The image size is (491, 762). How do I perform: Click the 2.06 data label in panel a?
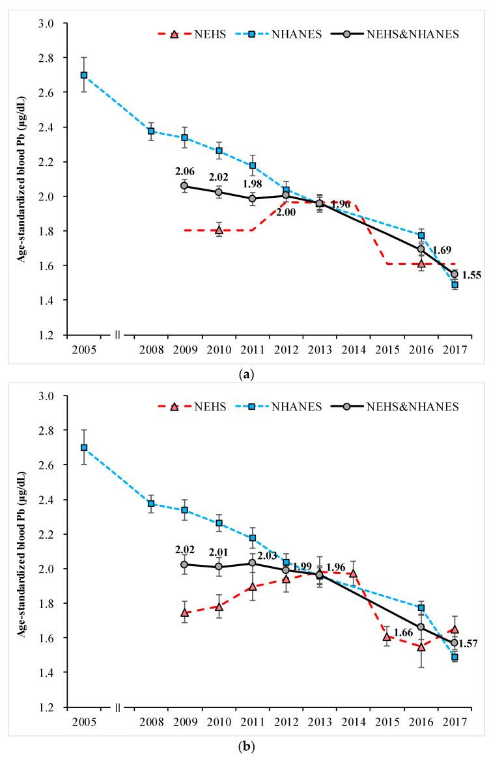click(x=184, y=172)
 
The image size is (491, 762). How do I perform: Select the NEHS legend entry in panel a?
click(x=196, y=34)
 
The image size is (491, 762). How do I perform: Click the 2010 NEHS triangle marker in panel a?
click(x=218, y=230)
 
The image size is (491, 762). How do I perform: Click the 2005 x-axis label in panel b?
click(x=84, y=724)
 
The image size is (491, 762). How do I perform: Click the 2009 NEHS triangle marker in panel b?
click(x=184, y=612)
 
